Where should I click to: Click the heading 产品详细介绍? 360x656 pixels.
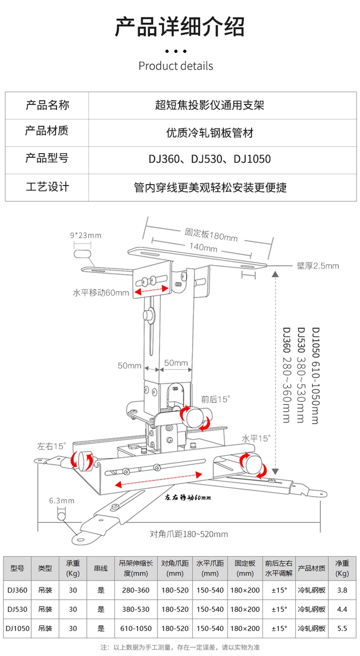[180, 26]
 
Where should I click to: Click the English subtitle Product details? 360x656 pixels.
[176, 66]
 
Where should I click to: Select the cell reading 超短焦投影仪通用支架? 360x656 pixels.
[210, 105]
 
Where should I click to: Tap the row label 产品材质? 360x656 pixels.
[47, 131]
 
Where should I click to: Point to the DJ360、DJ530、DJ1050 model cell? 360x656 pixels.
[210, 159]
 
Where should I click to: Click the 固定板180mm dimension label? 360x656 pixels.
[211, 235]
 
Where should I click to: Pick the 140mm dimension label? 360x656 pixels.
[203, 247]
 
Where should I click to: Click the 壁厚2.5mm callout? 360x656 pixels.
[318, 266]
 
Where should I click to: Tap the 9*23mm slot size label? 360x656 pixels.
[86, 235]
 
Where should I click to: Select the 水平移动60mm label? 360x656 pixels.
[101, 292]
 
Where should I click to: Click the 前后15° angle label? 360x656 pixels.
[216, 399]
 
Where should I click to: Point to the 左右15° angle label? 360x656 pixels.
[51, 446]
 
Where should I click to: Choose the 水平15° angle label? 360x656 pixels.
[256, 438]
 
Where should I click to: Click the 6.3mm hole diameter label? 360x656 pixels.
[62, 501]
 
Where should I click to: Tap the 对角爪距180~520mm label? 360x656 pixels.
[189, 534]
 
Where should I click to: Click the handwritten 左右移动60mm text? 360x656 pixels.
[188, 497]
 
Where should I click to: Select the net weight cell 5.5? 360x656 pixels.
[342, 628]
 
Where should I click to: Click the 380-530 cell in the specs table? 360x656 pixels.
[136, 609]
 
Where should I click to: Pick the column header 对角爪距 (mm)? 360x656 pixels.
[175, 568]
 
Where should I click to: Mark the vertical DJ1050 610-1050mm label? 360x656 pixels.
[315, 376]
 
